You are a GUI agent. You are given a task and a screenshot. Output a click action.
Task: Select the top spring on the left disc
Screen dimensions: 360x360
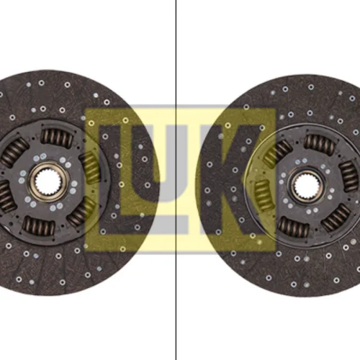(x=57, y=138)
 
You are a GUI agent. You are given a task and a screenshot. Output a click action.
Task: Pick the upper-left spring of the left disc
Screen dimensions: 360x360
(x=14, y=152)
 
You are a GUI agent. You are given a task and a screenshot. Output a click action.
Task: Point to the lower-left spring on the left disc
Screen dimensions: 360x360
(x=5, y=197)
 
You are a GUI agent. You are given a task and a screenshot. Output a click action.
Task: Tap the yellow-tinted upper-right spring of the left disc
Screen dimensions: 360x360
(x=91, y=168)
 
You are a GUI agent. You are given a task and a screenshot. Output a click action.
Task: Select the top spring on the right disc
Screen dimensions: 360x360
(x=320, y=143)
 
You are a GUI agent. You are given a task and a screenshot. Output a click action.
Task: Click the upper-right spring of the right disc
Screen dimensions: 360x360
(x=349, y=176)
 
